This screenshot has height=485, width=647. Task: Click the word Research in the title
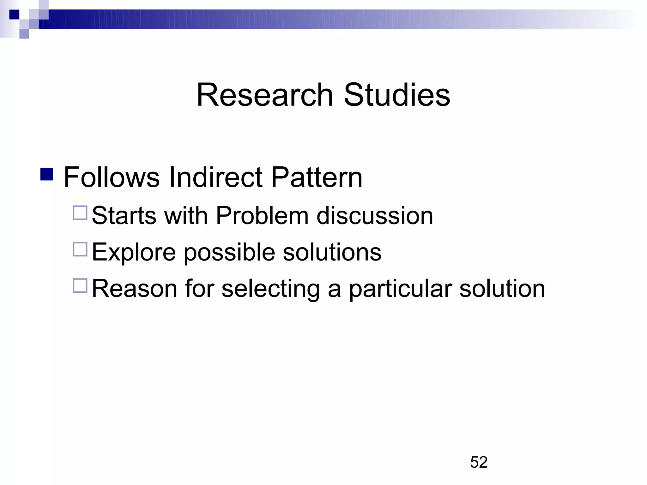point(265,95)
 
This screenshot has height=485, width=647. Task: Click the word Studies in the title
point(397,95)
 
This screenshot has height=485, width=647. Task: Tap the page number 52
point(479,462)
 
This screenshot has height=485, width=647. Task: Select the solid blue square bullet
point(47,174)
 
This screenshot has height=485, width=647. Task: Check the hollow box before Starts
point(80,213)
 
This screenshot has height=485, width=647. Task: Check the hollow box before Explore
point(80,249)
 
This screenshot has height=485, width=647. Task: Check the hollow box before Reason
point(80,285)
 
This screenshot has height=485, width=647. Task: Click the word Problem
point(262,216)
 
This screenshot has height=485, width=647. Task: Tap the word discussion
point(375,216)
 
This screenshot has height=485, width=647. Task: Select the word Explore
point(134,253)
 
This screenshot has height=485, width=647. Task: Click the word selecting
point(270,289)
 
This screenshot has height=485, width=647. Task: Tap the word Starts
point(124,216)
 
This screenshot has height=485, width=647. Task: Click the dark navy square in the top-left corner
point(14,15)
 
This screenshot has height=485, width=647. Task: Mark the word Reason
point(135,288)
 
